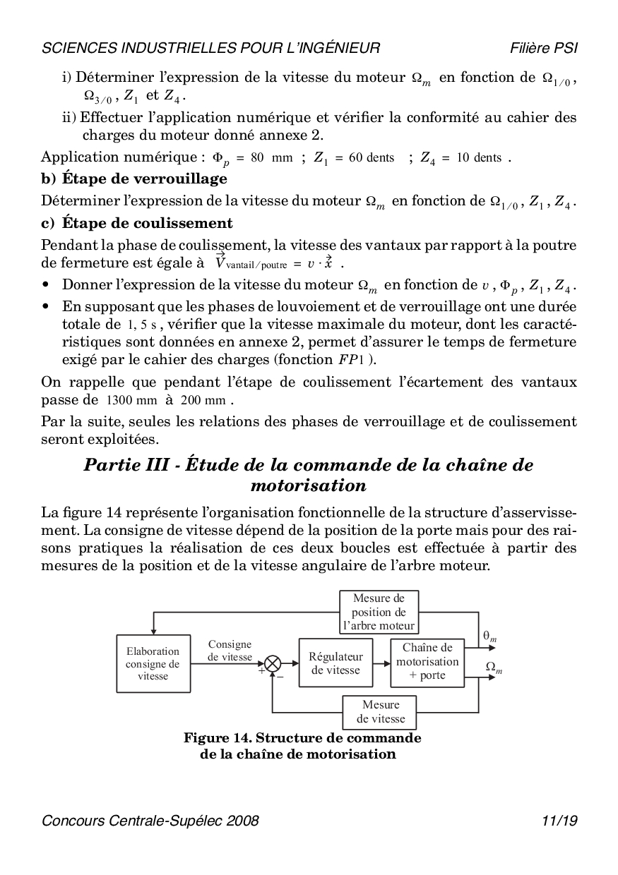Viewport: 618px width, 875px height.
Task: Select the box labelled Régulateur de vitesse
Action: [336, 663]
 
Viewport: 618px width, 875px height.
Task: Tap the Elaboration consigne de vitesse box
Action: [153, 663]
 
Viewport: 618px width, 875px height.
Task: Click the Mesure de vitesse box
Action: [380, 712]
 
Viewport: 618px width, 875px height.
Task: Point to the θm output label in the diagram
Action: [489, 636]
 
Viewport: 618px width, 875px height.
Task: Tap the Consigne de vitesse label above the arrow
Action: [230, 651]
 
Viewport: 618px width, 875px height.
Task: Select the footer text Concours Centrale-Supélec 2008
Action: [150, 821]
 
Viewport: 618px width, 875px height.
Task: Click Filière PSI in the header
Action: [544, 48]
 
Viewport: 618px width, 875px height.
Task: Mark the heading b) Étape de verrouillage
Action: [134, 179]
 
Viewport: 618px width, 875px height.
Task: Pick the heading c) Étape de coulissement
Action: [137, 224]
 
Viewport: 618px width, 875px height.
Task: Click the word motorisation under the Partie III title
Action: [309, 485]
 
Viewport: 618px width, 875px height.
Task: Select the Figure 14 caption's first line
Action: [302, 738]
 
